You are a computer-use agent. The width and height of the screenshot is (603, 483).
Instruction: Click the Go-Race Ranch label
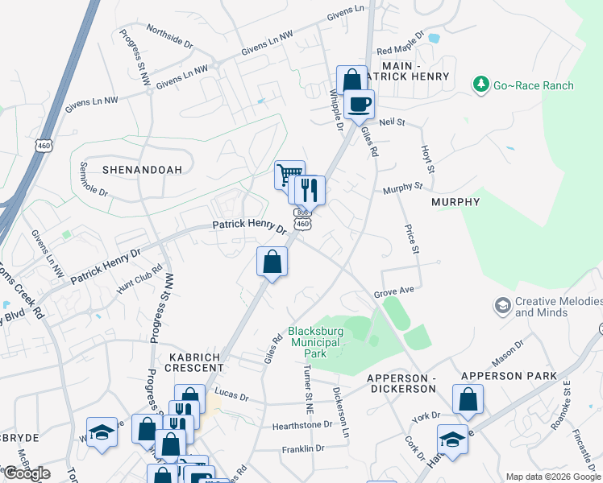click(x=534, y=85)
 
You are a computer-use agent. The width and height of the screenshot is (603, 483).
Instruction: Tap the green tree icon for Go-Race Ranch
click(x=481, y=85)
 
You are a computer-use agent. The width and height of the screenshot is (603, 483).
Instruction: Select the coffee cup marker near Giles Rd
click(x=359, y=104)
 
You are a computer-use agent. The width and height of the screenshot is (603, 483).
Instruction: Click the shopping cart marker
click(x=289, y=175)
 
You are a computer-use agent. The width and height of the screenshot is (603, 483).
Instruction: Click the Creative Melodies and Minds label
click(x=558, y=307)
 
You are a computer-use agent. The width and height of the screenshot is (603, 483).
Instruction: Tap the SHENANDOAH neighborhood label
click(x=142, y=170)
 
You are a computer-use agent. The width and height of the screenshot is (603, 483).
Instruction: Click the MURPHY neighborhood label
click(x=455, y=202)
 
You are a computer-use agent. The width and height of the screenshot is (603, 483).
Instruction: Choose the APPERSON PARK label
click(x=509, y=376)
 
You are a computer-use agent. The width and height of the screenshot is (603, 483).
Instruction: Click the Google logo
click(x=26, y=473)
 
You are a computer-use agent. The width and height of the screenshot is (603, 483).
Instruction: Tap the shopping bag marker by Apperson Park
click(x=468, y=399)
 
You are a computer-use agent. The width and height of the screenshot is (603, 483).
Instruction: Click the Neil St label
click(x=390, y=122)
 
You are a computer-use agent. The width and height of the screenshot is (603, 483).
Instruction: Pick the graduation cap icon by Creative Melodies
click(x=502, y=306)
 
